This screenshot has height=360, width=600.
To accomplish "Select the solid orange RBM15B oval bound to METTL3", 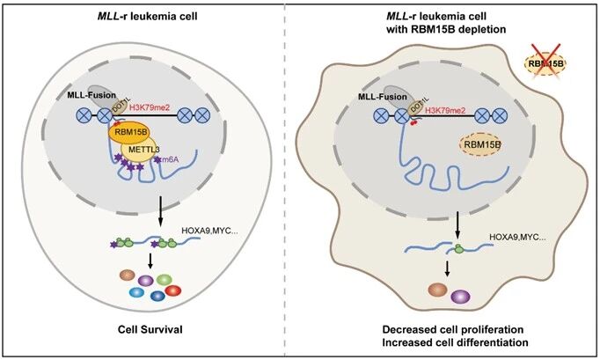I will pos(128,133).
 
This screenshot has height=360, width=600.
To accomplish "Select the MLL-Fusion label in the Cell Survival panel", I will pos(91,92).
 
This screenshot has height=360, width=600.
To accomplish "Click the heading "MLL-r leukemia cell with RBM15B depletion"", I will pos(450,21).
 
